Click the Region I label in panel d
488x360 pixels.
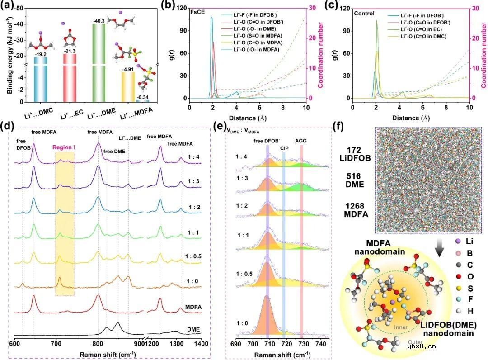point(65,147)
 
